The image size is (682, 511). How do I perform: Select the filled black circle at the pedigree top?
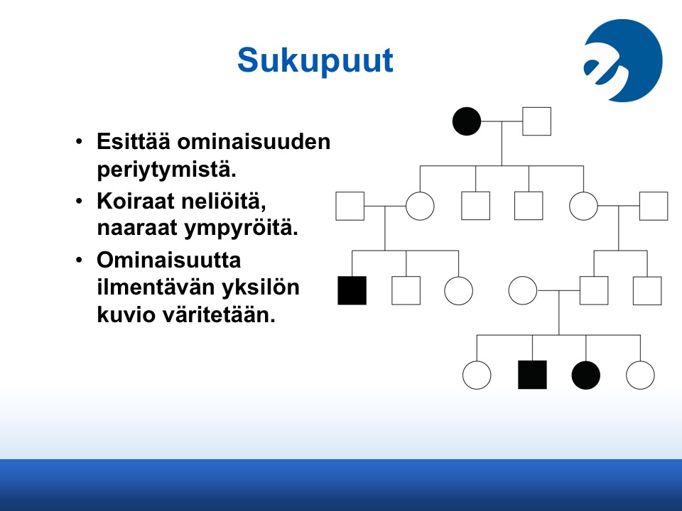coord(467,121)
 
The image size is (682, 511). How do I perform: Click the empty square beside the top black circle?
coord(537,121)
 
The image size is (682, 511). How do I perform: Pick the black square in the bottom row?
coord(532,375)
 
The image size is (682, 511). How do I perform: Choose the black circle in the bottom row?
coord(586,375)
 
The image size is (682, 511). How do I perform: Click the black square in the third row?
coord(352,290)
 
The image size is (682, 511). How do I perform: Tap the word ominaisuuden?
coord(254,142)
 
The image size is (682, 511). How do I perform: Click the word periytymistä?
coord(166,170)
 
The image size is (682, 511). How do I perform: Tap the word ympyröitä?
coord(242,229)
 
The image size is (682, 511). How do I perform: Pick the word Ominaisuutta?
coord(169,260)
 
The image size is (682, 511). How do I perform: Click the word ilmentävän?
coord(155,287)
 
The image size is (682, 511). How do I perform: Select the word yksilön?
coord(260,288)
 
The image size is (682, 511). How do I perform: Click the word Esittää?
coord(133,142)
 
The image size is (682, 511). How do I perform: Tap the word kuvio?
coord(126,314)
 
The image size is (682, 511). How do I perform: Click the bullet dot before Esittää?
coord(79,142)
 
